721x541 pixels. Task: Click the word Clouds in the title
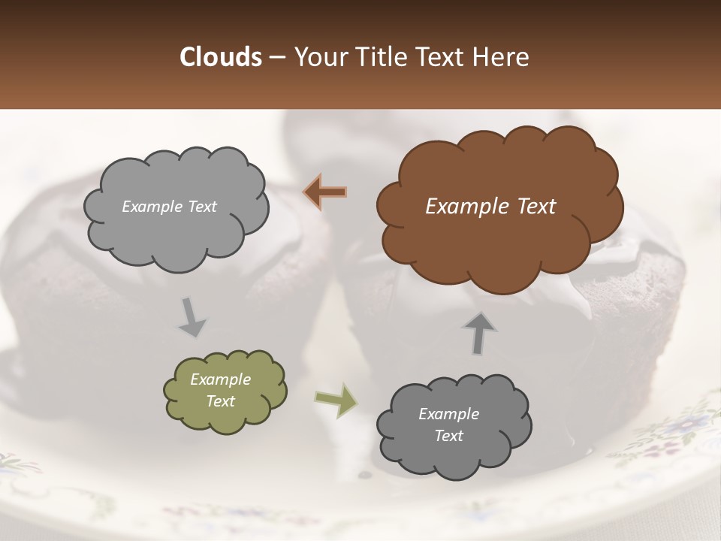click(220, 57)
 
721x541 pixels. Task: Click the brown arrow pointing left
click(325, 192)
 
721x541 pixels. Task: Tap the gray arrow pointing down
click(192, 317)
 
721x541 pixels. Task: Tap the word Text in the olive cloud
click(221, 401)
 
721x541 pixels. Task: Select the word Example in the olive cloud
click(221, 379)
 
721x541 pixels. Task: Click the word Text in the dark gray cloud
click(448, 436)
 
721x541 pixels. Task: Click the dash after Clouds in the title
click(276, 57)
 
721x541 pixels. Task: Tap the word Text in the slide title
click(445, 57)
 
